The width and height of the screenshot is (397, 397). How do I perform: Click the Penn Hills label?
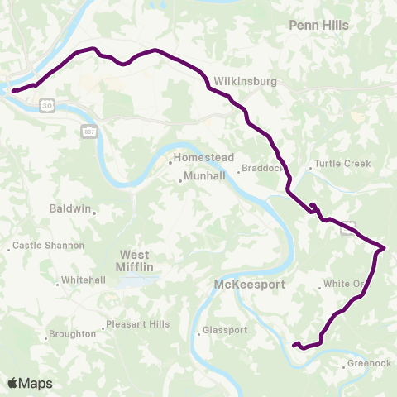pos(318,26)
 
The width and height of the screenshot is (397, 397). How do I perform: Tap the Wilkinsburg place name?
pos(238,82)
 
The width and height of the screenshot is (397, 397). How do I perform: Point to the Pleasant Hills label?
pos(138,324)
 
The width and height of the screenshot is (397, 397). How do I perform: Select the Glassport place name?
pos(226,330)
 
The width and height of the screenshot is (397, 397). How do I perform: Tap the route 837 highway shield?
pos(89,131)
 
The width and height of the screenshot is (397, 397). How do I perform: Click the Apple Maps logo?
pos(29,383)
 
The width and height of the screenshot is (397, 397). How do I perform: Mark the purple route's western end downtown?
pos(13,90)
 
